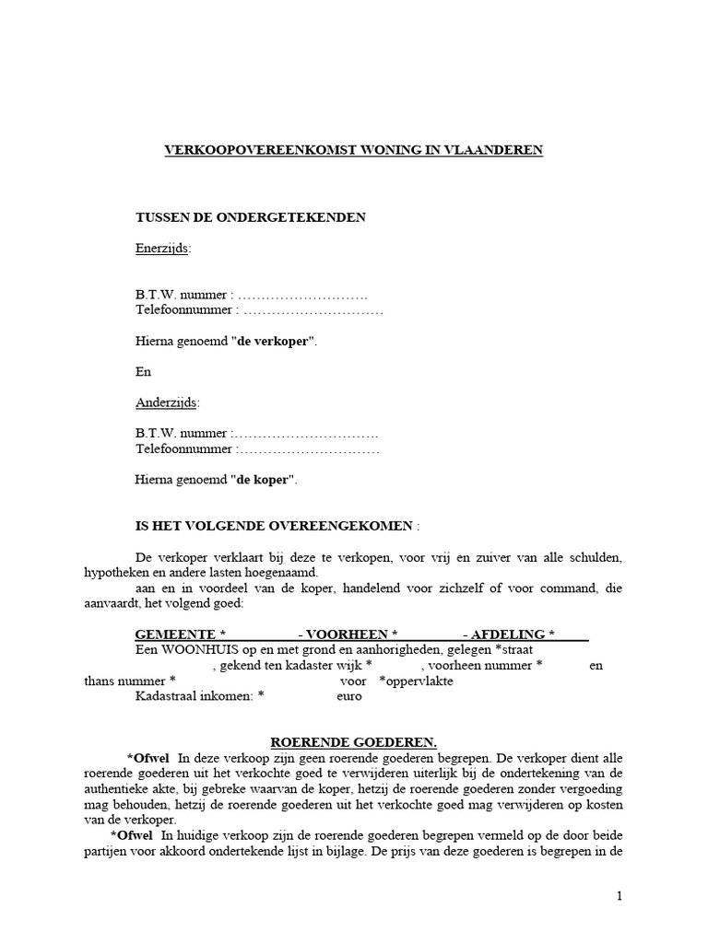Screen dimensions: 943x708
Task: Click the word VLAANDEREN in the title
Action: (493, 150)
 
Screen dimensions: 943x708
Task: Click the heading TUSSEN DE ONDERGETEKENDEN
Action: (251, 217)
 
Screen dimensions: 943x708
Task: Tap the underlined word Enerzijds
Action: (162, 248)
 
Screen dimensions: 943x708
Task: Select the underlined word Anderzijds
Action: (166, 402)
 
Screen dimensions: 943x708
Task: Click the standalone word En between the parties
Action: (143, 372)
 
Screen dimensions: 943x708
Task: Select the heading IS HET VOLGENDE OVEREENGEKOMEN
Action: (276, 527)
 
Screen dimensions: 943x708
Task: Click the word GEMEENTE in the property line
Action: (174, 635)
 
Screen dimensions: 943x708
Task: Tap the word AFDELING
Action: (508, 635)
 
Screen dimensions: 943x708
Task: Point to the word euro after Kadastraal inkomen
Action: (348, 696)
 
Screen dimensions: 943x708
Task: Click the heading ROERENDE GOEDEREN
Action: (353, 742)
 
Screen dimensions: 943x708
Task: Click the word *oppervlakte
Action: (416, 681)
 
